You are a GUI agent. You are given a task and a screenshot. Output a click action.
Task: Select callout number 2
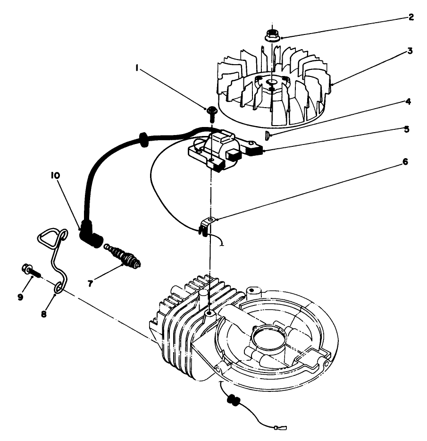coord(411,17)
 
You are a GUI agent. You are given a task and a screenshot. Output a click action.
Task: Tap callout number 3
coord(410,51)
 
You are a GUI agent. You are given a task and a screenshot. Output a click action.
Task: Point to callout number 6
coord(405,161)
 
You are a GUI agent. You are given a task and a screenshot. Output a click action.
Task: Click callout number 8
coord(43,313)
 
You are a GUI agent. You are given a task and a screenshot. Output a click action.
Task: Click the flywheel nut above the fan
coord(271,34)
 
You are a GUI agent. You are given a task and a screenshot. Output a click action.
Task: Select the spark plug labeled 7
coord(124,256)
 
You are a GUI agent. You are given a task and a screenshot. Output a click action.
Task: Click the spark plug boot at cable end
coord(91,235)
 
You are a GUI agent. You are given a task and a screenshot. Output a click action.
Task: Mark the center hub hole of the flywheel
coord(271,84)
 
